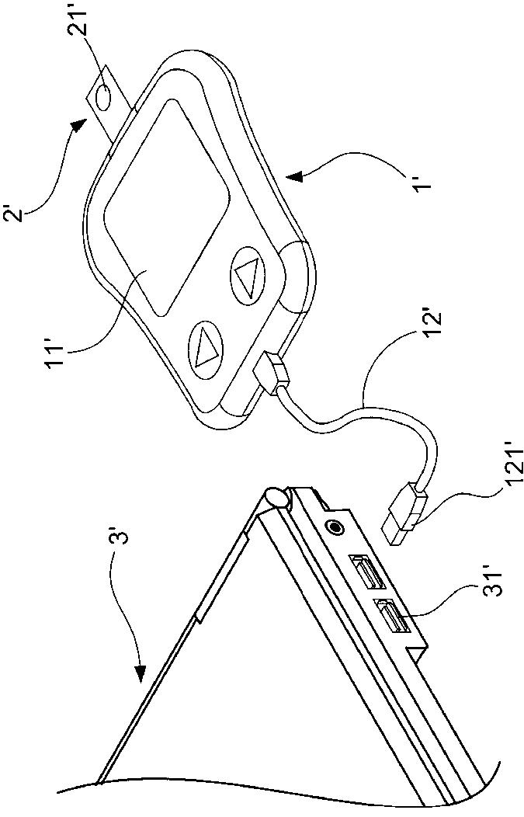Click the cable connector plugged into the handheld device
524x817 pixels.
coord(270,373)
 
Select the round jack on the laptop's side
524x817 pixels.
coord(336,527)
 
